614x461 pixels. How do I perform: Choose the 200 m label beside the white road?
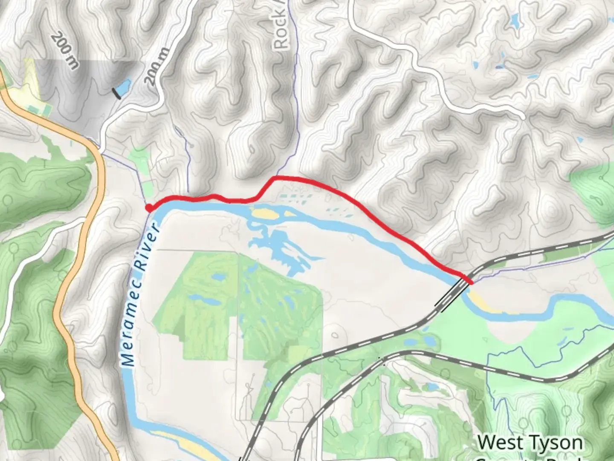click(157, 66)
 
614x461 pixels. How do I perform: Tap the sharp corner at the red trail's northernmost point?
click(274, 177)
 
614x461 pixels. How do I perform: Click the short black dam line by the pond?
click(116, 93)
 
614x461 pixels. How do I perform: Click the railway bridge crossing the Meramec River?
click(452, 295)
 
